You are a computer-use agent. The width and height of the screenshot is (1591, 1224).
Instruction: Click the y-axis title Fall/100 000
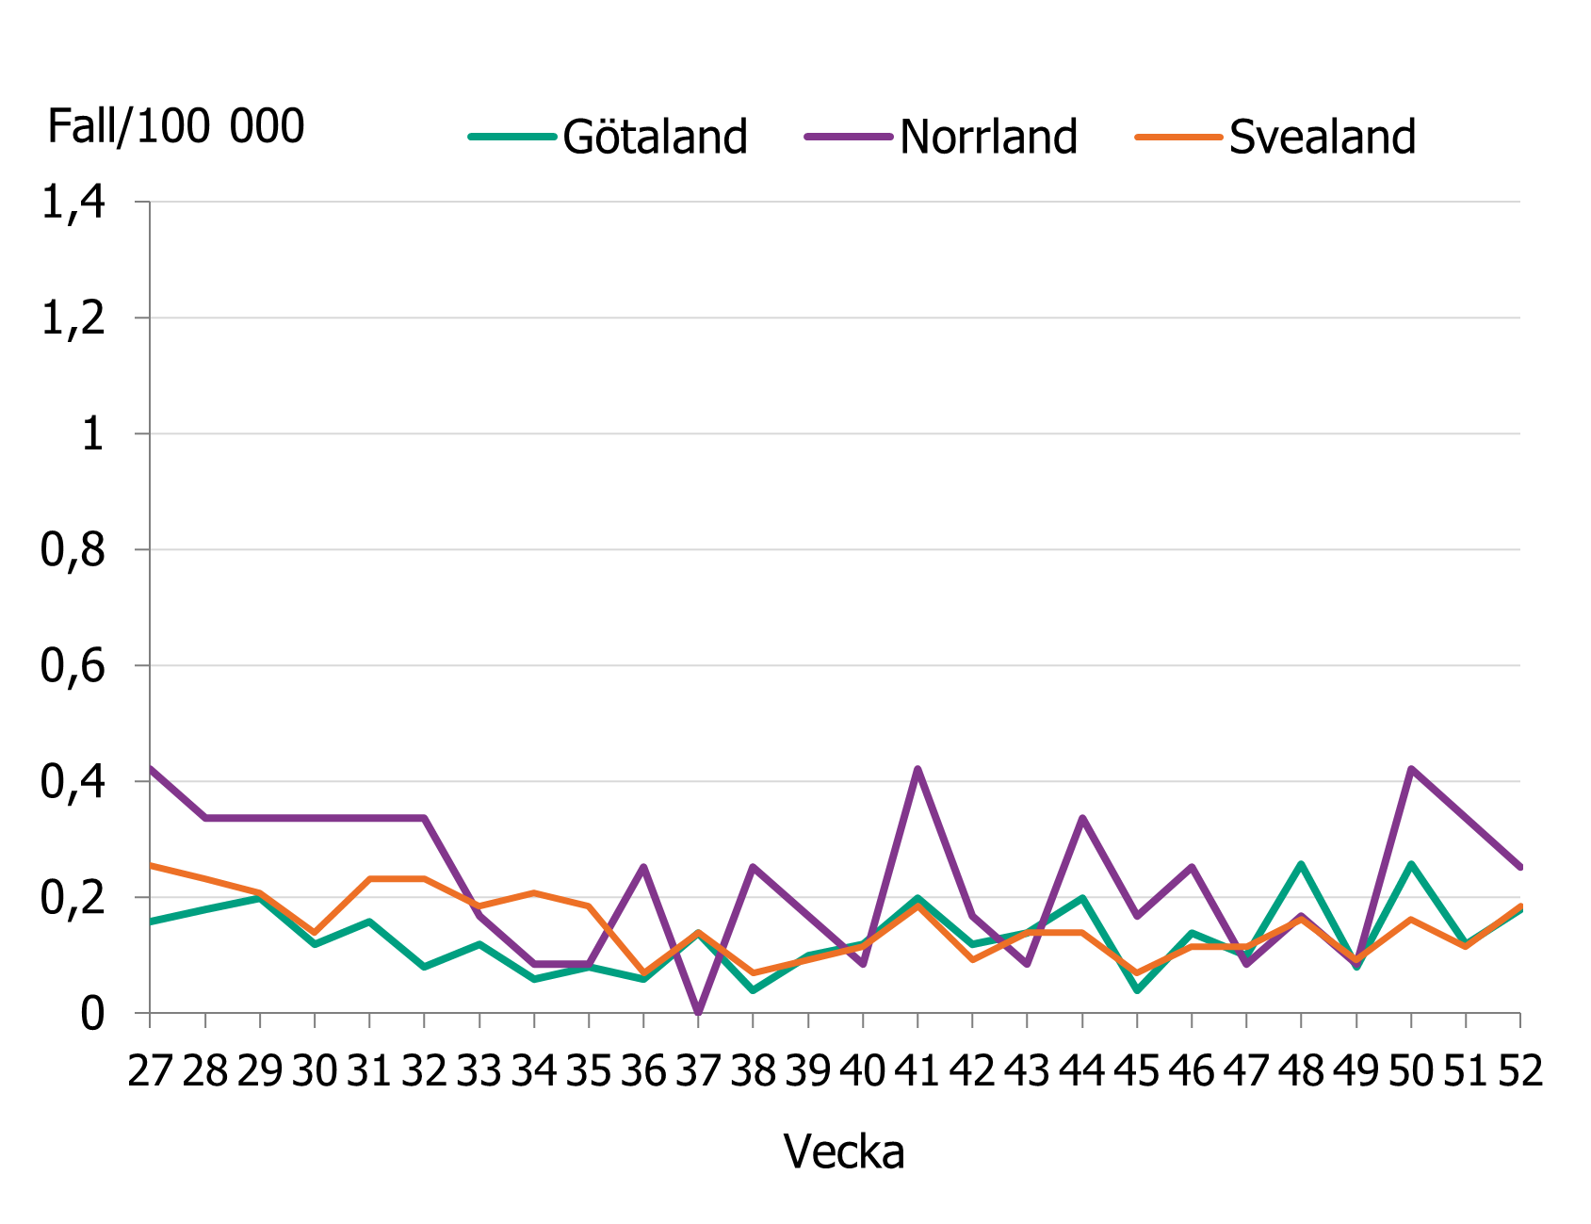tap(176, 126)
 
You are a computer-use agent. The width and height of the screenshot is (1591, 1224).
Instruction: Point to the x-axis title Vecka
tap(844, 1151)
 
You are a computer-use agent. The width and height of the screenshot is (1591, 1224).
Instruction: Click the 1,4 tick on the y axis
tap(73, 202)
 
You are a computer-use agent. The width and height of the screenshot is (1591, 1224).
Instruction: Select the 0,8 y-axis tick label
tap(73, 550)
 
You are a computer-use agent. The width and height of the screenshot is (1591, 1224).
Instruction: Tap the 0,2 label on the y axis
tap(73, 898)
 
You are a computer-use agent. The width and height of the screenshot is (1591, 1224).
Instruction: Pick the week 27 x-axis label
tap(151, 1071)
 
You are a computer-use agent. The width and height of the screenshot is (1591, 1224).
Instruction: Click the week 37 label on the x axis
tap(699, 1071)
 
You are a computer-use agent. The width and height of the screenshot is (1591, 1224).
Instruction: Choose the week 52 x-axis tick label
tap(1519, 1071)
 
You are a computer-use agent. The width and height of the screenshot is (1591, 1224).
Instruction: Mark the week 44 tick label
tap(1082, 1071)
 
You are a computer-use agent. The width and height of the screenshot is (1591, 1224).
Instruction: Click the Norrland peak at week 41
tap(917, 769)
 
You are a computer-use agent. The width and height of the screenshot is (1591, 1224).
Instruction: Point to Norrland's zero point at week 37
tap(698, 1012)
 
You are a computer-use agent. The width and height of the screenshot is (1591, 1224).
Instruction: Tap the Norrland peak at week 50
tap(1411, 769)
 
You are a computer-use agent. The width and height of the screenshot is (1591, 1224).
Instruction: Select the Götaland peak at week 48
tap(1302, 864)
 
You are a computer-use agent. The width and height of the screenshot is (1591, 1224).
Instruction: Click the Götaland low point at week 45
tap(1137, 990)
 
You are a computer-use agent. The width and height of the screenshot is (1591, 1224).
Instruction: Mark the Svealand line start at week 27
tap(152, 865)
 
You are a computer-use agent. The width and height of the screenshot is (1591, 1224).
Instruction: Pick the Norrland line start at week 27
tap(152, 768)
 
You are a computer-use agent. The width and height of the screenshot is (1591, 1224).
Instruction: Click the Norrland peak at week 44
tap(1082, 818)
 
